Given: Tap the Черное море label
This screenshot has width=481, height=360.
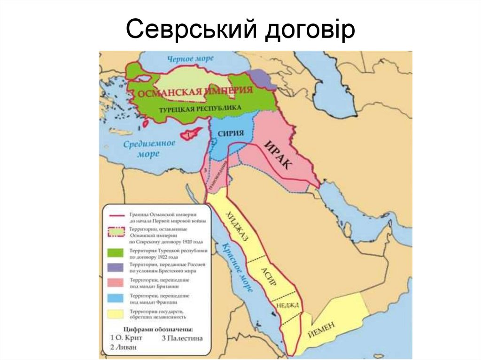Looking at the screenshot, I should click(190, 59).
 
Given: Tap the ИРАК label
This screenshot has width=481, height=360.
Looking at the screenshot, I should click(278, 155).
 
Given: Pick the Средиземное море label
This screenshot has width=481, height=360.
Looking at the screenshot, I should click(149, 148).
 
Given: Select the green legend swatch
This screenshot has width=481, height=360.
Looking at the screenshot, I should click(116, 253).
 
